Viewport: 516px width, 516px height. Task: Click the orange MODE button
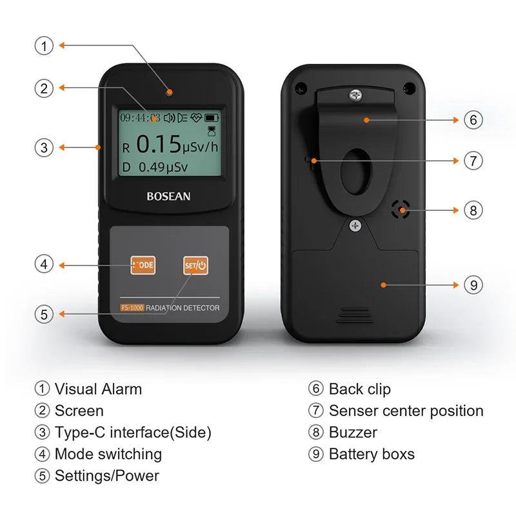point(143,265)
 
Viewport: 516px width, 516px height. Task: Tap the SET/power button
point(195,265)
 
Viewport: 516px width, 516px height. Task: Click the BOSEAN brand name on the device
point(168,196)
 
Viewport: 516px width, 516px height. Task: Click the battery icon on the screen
point(212,117)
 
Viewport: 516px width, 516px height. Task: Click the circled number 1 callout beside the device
point(43,46)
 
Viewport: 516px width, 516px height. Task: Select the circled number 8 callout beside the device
point(473,210)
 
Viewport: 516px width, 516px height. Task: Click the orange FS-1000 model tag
point(132,308)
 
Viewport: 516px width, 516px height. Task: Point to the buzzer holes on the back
point(401,208)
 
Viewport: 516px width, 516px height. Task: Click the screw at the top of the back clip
point(355,95)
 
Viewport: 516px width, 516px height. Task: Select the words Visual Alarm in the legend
point(98,389)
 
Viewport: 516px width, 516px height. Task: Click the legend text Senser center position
point(406,411)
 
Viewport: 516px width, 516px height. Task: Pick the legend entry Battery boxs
point(372,454)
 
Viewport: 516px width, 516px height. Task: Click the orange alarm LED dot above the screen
point(169,92)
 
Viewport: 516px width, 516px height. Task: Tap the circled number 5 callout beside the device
point(43,315)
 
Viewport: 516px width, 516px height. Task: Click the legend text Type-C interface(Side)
point(133,433)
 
